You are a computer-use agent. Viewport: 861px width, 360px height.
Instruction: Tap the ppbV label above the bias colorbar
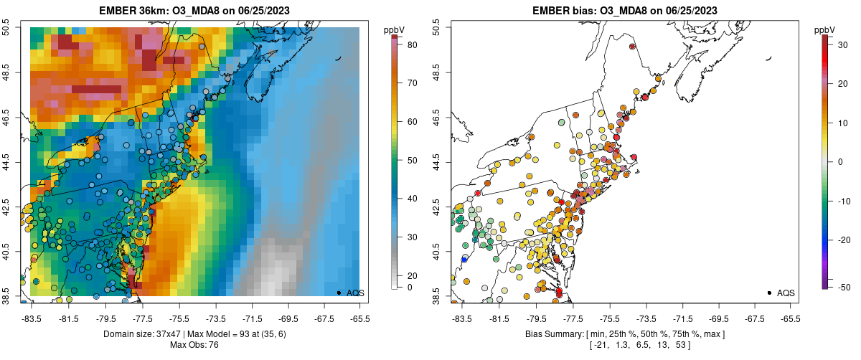pos(825,29)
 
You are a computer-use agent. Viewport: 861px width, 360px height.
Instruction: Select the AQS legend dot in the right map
pos(768,293)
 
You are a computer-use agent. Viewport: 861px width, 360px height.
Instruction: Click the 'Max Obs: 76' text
pos(194,345)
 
